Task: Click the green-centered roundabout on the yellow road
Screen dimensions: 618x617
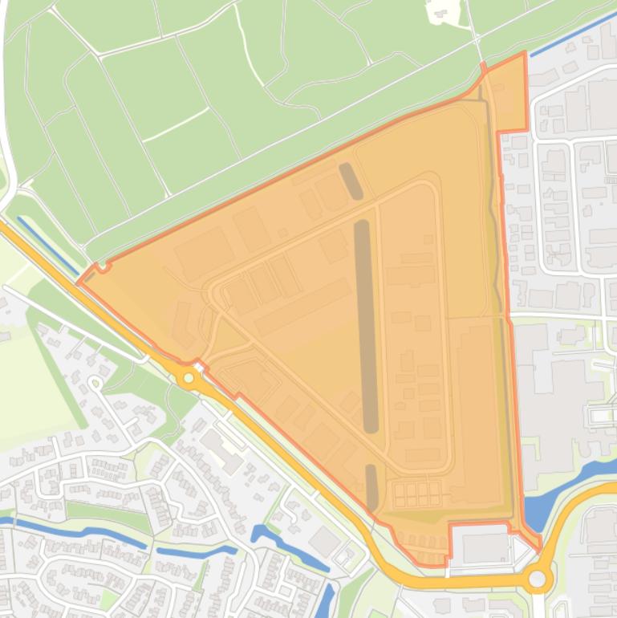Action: point(189,377)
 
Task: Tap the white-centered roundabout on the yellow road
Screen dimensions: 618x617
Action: point(537,579)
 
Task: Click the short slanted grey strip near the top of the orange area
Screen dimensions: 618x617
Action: point(351,181)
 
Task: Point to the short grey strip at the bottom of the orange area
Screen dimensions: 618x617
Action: point(371,486)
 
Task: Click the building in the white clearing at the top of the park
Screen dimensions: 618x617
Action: point(439,10)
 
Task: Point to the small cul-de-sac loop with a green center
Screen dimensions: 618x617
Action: point(95,384)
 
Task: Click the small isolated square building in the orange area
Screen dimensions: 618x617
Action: point(282,233)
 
